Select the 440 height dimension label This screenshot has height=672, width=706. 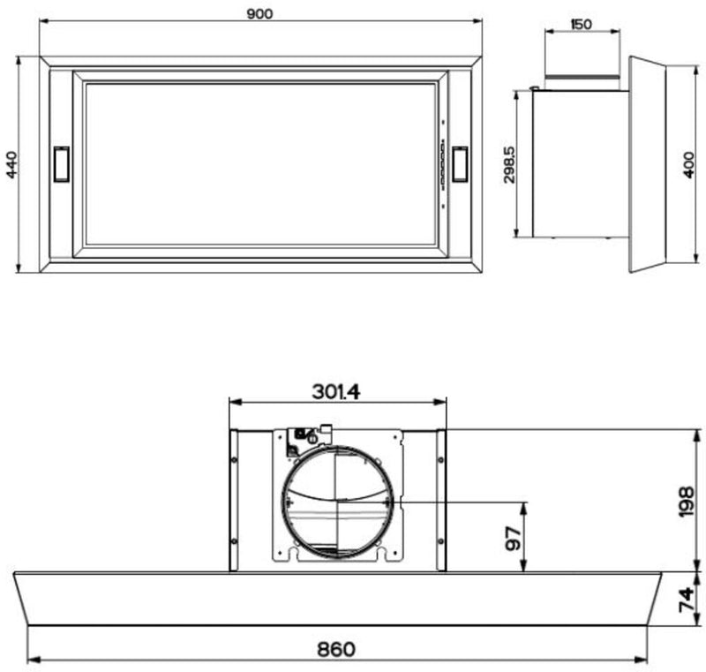coord(11,164)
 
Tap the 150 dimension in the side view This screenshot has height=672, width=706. coord(582,25)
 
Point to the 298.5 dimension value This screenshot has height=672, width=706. coord(509,164)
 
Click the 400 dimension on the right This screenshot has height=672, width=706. coord(689,164)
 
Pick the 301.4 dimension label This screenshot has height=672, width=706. coord(336,389)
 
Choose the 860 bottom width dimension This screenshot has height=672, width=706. coord(336,649)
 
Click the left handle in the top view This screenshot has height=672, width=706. coord(62,163)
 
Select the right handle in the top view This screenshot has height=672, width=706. coord(460,163)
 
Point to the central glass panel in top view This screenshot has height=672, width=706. coord(260,164)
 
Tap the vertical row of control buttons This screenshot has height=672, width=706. coord(440,163)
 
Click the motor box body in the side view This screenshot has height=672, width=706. coord(578,163)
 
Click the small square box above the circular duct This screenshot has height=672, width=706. coord(303,434)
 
